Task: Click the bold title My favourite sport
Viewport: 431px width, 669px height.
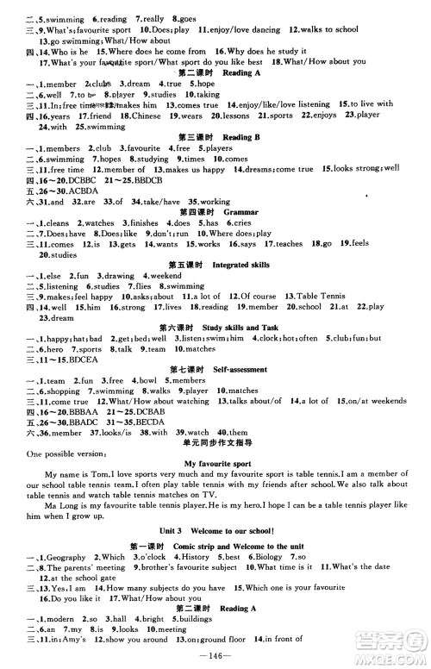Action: (216, 462)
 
